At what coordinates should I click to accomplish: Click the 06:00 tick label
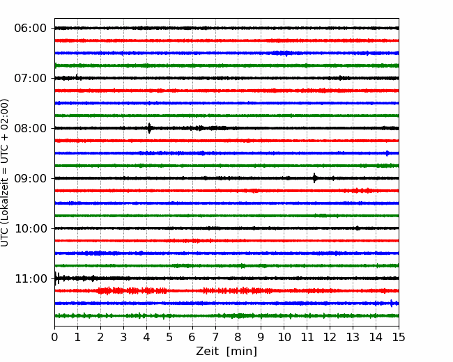coord(30,29)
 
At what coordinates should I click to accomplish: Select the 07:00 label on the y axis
coord(30,78)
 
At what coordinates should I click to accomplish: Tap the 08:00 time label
coord(30,129)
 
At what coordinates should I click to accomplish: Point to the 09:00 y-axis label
coord(30,178)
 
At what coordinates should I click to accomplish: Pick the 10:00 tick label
coord(31,228)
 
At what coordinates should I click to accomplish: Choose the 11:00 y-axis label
coord(31,279)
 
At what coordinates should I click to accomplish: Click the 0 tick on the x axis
coord(54,337)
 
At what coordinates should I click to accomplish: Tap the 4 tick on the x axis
coord(146,337)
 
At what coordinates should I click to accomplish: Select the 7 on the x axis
coord(215,337)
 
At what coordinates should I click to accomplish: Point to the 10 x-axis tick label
coord(284,337)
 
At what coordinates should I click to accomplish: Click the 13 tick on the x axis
coord(353,337)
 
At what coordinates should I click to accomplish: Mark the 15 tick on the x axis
coord(399,337)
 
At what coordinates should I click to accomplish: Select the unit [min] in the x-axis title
coord(242,352)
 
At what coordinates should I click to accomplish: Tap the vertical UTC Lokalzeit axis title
coord(4,173)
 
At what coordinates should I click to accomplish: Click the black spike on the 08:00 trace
coord(149,128)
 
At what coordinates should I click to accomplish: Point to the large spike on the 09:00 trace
coord(314,178)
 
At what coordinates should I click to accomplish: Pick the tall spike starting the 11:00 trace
coord(56,278)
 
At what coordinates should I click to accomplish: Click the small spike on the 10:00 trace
coord(358,228)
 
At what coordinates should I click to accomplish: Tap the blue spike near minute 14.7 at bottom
coord(392,303)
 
